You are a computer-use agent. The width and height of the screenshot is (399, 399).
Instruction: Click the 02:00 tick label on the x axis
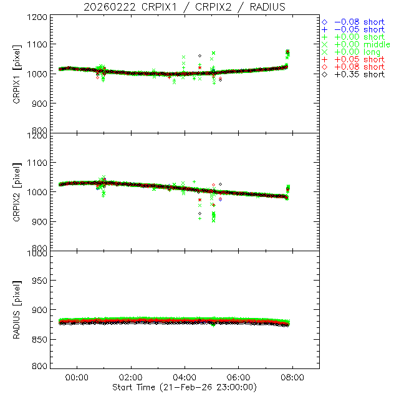click(130, 378)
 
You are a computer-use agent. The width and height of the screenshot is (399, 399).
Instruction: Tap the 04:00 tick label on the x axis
click(185, 378)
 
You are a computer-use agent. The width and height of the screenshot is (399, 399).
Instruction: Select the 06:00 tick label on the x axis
click(239, 378)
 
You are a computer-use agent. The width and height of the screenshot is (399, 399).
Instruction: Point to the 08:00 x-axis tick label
click(292, 378)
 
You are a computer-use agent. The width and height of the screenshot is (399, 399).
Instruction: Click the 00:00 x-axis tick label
click(77, 378)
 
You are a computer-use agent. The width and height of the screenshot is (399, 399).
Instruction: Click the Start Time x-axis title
click(185, 387)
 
